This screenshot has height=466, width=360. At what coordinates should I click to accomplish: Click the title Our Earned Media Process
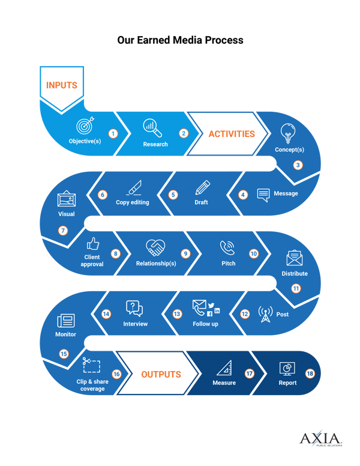[x=180, y=40]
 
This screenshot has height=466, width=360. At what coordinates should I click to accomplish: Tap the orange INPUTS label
[x=62, y=85]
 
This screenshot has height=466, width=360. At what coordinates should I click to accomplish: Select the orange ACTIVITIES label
[x=232, y=134]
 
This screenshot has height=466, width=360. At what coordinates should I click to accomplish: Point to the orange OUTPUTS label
[x=161, y=374]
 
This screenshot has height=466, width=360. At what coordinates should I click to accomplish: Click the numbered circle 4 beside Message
[x=243, y=195]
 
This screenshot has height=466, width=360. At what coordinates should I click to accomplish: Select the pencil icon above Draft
[x=202, y=187]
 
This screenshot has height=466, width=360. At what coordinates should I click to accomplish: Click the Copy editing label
[x=132, y=202]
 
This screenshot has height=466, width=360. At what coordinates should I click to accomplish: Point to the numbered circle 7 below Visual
[x=63, y=230]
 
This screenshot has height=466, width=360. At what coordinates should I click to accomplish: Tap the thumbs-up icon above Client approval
[x=92, y=244]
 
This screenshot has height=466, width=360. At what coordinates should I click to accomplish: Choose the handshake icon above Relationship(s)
[x=155, y=247]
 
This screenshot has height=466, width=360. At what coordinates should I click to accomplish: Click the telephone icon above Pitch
[x=227, y=247]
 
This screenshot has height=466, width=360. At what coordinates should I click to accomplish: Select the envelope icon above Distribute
[x=294, y=257]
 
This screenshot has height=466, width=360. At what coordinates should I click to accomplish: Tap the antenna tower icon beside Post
[x=265, y=313]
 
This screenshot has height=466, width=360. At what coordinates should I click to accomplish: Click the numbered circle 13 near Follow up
[x=177, y=313]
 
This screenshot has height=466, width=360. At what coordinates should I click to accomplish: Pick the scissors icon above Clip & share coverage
[x=91, y=365]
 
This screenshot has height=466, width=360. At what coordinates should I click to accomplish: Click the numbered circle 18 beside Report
[x=310, y=373]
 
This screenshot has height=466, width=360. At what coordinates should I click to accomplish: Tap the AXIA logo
[x=320, y=439]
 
